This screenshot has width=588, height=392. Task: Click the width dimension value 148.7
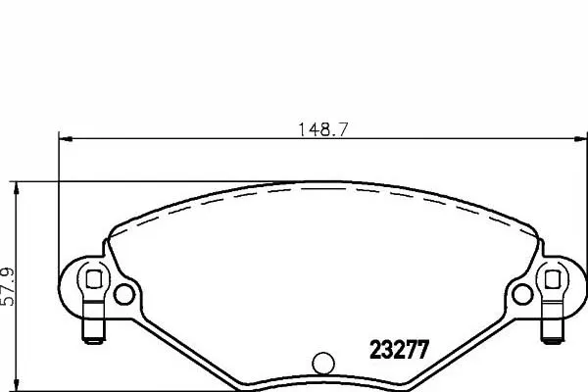[x=322, y=129]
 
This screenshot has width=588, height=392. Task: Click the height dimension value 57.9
[x=8, y=286]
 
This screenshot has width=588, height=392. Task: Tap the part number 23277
[x=399, y=350]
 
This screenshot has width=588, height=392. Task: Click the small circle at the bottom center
[x=322, y=363]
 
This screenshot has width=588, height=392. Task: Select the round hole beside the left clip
[x=123, y=294]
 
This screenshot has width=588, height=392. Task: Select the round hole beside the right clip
[x=522, y=294]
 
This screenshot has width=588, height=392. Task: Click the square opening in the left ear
[x=93, y=279]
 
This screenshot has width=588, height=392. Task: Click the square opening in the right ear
[x=553, y=279]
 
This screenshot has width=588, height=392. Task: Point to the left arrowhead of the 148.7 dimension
[x=66, y=139]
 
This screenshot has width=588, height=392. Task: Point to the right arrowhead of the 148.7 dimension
[x=580, y=139]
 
